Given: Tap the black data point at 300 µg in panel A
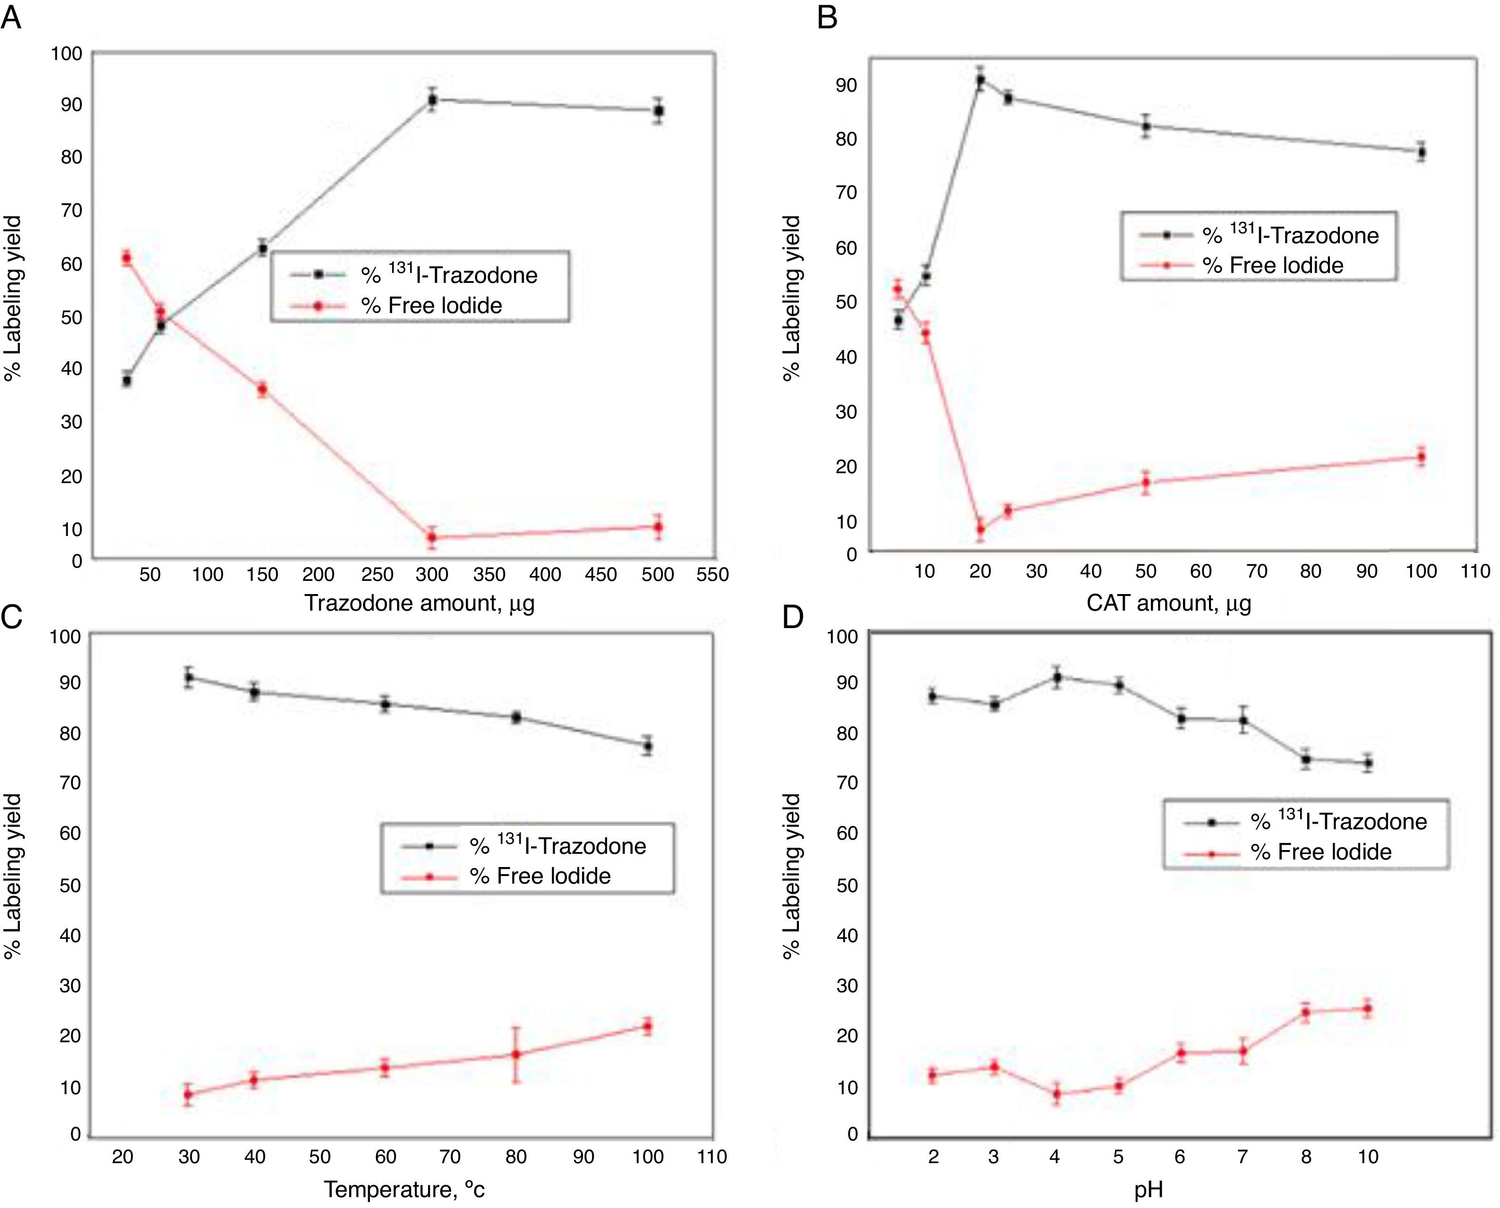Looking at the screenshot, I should coord(432,100).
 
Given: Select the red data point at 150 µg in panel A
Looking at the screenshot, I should coord(262,390).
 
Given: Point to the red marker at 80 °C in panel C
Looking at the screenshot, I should coord(516,1054).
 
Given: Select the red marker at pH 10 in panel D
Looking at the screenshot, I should coord(1368,1008).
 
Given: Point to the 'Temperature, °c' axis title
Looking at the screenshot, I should coord(404,1189).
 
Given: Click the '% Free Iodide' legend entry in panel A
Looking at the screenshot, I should coord(431,306).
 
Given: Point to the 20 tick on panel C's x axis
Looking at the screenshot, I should coord(122,1157).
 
